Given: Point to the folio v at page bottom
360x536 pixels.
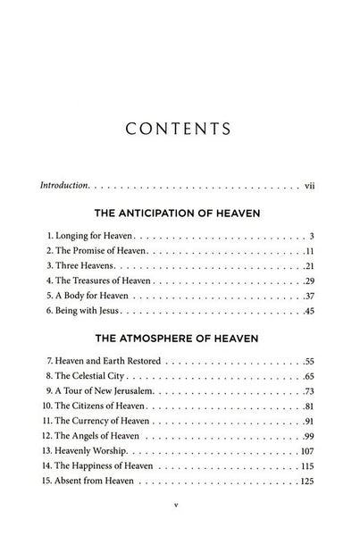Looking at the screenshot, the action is (x=180, y=528).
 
